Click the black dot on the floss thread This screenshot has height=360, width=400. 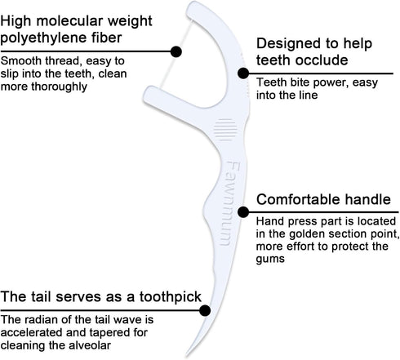176,51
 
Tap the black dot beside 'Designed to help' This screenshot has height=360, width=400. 243,73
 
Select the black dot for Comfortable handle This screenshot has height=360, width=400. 243,212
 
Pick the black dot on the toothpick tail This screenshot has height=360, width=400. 205,310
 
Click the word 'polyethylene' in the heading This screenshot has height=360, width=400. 47,38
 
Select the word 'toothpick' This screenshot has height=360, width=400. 171,297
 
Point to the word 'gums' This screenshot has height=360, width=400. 270,259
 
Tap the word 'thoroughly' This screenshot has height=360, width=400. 59,87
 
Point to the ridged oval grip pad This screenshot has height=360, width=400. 225,130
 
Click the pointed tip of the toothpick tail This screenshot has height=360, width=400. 187,356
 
